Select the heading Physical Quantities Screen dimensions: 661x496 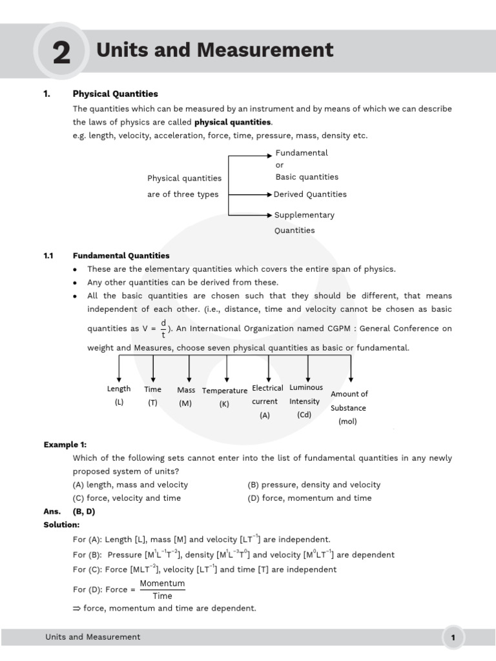[x=115, y=94]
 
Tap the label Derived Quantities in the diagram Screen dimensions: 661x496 [x=310, y=194]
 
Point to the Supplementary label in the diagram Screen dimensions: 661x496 [x=304, y=215]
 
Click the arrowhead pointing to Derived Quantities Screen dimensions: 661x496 [x=269, y=194]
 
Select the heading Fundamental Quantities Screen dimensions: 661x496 [x=121, y=256]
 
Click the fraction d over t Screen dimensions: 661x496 [x=163, y=329]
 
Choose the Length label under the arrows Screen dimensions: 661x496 [x=119, y=389]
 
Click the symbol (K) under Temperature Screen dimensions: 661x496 [x=224, y=404]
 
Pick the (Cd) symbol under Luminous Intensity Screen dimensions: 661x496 [x=304, y=415]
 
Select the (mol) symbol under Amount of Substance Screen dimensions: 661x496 [x=347, y=422]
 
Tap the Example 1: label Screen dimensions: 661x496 [x=65, y=445]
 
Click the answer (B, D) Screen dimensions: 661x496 [x=85, y=511]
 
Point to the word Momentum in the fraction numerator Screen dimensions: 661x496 [x=162, y=584]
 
